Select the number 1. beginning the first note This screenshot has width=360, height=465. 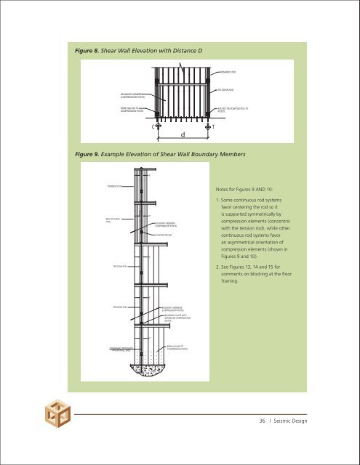click(x=219, y=206)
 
